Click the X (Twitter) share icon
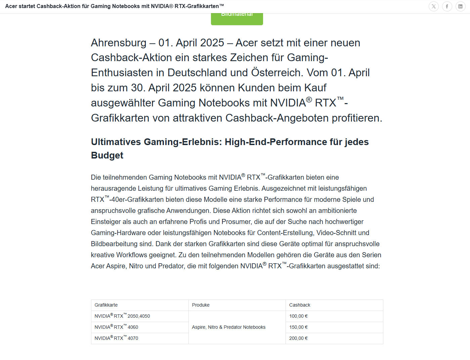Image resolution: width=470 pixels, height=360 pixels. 434,6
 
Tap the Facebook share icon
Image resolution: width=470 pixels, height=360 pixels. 447,6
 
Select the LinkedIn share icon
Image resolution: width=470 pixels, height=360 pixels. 461,6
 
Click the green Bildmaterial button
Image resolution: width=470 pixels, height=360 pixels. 237,18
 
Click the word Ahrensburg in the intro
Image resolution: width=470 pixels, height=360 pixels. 119,43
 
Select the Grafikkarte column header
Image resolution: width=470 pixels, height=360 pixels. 106,305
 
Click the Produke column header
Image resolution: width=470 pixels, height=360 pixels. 201,305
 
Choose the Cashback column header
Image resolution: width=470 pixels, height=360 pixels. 300,305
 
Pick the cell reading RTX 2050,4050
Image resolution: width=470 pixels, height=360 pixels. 122,316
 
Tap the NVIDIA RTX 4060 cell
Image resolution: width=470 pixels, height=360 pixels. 116,327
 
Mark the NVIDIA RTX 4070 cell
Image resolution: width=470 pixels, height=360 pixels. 116,338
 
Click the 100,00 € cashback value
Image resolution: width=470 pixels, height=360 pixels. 298,316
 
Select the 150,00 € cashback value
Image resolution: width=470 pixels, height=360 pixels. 298,327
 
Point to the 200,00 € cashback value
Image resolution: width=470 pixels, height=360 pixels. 298,338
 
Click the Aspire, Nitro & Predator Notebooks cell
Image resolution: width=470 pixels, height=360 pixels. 228,327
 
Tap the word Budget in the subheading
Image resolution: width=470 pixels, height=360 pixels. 107,155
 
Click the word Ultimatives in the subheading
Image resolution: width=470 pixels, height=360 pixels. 116,142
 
